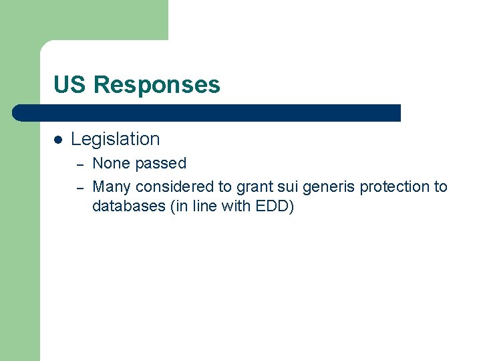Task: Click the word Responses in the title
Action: tap(157, 85)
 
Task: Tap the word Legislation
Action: tap(116, 139)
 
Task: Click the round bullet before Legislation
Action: tap(58, 140)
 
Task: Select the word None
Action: tap(111, 163)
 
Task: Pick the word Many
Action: tap(112, 187)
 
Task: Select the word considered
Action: tap(173, 187)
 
